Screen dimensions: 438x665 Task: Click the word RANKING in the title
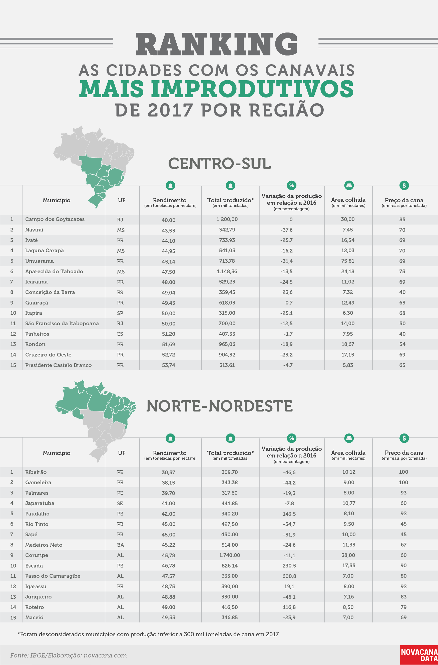(217, 44)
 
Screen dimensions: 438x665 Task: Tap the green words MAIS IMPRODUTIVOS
(217, 88)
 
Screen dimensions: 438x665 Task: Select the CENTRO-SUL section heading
(219, 163)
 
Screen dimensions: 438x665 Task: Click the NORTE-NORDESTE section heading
(219, 406)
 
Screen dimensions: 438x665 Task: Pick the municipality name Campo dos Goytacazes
(55, 219)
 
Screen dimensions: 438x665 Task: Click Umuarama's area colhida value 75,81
(348, 261)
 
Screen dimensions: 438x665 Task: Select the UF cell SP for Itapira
(120, 313)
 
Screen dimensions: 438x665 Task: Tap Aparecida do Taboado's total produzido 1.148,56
(227, 271)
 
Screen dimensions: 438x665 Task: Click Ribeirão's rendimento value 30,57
(169, 472)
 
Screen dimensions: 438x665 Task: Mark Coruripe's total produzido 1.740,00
(229, 555)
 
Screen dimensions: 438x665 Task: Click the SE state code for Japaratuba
(120, 503)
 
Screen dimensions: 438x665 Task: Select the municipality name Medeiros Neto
(44, 545)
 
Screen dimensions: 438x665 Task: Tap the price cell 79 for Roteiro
(403, 607)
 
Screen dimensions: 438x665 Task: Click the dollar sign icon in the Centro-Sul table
(404, 185)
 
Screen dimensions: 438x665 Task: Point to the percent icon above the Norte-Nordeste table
(291, 438)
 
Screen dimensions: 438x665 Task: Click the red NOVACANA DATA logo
(419, 655)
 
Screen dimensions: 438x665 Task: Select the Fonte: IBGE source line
(69, 655)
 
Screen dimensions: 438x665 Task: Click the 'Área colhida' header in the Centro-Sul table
(348, 199)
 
